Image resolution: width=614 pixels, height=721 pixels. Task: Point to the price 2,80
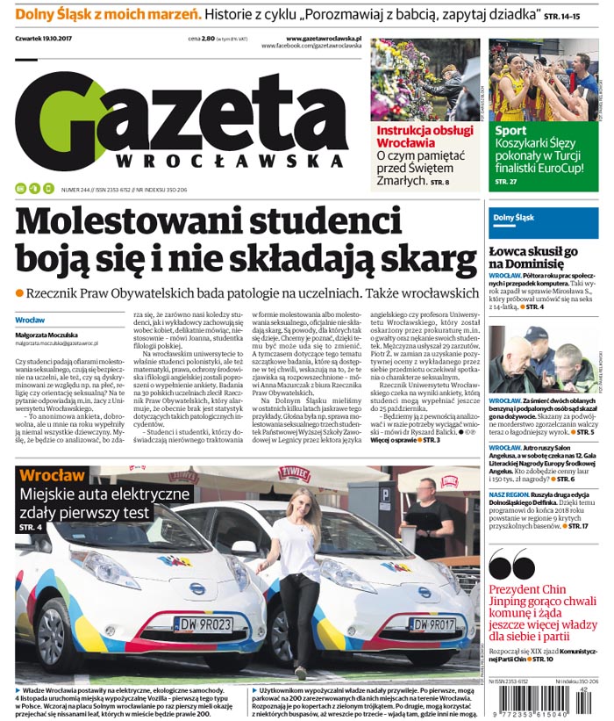(208, 40)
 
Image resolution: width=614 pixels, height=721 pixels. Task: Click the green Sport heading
(511, 131)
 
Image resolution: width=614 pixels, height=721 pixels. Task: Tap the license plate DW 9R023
(201, 624)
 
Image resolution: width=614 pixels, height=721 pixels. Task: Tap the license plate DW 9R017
(432, 624)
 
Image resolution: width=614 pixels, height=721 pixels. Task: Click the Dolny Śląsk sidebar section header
(513, 217)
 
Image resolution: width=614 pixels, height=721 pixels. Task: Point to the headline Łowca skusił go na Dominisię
(532, 256)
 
